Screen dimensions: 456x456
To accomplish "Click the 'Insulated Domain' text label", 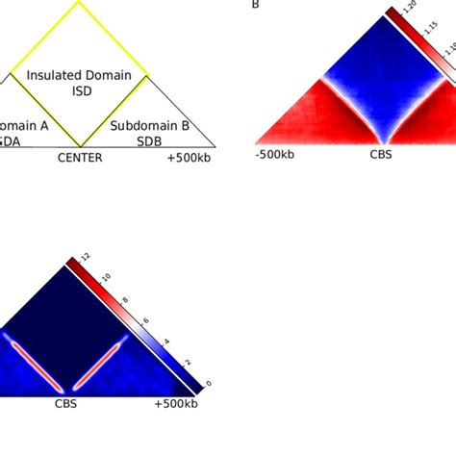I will pyautogui.click(x=79, y=75).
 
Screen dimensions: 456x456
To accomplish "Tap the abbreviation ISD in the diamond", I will pyautogui.click(x=79, y=92).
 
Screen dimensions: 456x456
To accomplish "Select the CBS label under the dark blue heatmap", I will pyautogui.click(x=65, y=404).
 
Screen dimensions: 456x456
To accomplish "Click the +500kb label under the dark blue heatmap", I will pyautogui.click(x=175, y=404).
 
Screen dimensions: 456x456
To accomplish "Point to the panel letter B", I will pyautogui.click(x=256, y=5).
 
